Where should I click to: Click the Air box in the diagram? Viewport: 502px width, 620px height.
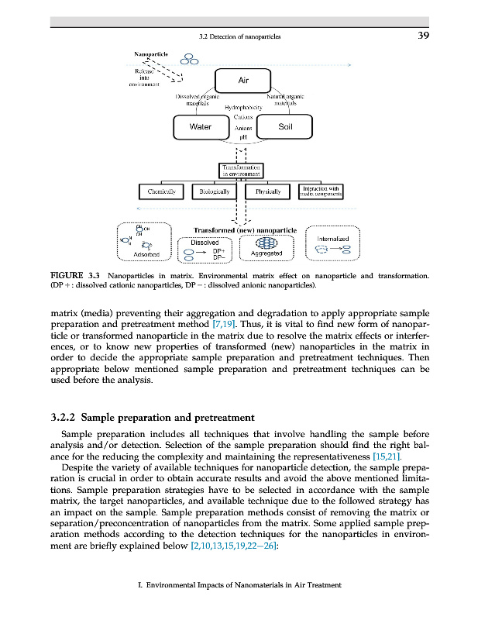[243, 79]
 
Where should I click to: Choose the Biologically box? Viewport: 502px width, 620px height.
[215, 191]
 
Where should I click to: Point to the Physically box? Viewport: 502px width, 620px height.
[268, 191]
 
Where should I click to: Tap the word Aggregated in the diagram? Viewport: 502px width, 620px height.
[266, 253]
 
